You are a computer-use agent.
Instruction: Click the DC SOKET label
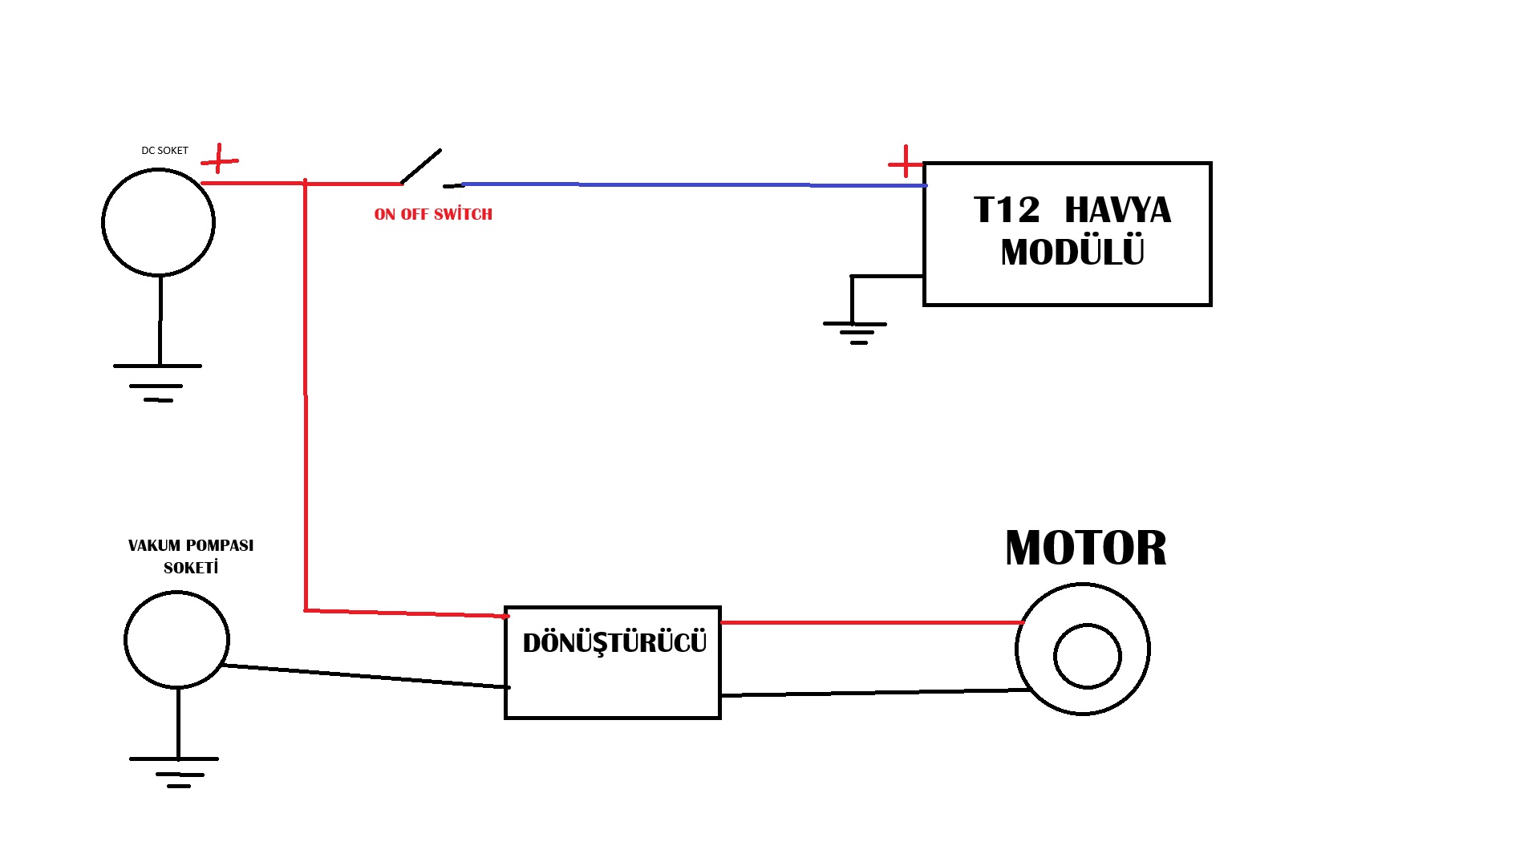pyautogui.click(x=164, y=151)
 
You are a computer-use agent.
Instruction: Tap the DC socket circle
pyautogui.click(x=159, y=222)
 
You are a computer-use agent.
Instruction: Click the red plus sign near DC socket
pyautogui.click(x=219, y=160)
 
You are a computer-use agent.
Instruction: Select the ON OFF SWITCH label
pyautogui.click(x=433, y=214)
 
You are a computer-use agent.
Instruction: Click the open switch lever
pyautogui.click(x=421, y=166)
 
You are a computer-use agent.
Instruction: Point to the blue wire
pyautogui.click(x=690, y=185)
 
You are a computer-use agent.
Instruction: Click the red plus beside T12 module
pyautogui.click(x=906, y=163)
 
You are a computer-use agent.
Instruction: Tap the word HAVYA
pyautogui.click(x=1117, y=210)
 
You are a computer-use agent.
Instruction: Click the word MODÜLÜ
pyautogui.click(x=1072, y=252)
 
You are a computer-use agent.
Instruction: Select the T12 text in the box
pyautogui.click(x=1007, y=210)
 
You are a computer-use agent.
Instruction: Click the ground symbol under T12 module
pyautogui.click(x=856, y=331)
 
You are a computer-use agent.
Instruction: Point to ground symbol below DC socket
pyautogui.click(x=158, y=382)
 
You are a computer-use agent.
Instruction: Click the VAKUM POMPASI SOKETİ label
pyautogui.click(x=191, y=556)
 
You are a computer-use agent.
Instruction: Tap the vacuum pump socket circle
pyautogui.click(x=176, y=640)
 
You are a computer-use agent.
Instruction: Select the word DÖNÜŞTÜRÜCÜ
pyautogui.click(x=614, y=643)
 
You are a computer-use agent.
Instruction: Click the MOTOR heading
pyautogui.click(x=1085, y=548)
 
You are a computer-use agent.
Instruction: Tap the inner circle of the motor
pyautogui.click(x=1087, y=656)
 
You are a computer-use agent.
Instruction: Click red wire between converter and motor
pyautogui.click(x=870, y=622)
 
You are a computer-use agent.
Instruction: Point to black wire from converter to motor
pyautogui.click(x=874, y=693)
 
